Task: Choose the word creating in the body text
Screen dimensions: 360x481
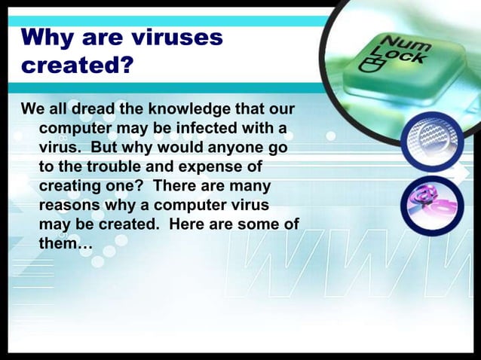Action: [x=69, y=185]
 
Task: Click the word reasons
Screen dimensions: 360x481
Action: [x=69, y=205]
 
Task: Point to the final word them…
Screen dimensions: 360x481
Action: [x=65, y=243]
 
